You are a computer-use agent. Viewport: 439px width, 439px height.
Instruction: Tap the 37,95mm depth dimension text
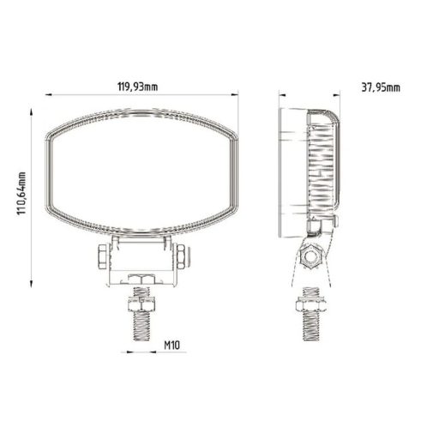(x=376, y=87)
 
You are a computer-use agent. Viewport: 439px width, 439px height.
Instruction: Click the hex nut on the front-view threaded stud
(x=142, y=304)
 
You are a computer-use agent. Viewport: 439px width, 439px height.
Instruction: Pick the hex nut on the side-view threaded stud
(x=310, y=304)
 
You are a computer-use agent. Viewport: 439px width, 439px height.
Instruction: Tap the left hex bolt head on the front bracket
(x=102, y=256)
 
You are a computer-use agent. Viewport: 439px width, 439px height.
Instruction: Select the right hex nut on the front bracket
(x=183, y=256)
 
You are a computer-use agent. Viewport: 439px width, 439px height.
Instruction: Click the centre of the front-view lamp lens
(x=142, y=175)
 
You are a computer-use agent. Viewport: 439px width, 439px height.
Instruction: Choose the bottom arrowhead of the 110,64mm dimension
(x=33, y=288)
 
